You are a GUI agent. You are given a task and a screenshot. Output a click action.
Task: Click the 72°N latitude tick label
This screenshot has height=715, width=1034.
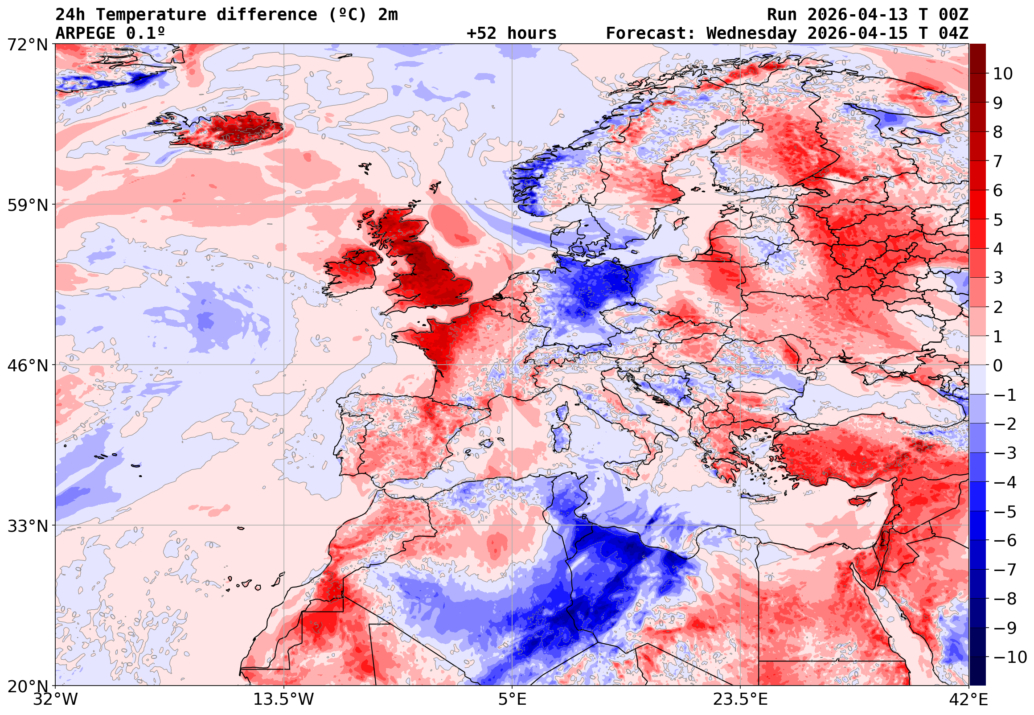point(27,45)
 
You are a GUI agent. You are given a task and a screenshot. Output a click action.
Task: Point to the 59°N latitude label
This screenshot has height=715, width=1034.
point(27,205)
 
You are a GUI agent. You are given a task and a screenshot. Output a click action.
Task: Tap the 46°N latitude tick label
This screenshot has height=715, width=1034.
point(27,366)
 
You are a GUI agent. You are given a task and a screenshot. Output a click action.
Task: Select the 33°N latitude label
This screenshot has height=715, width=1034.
point(27,526)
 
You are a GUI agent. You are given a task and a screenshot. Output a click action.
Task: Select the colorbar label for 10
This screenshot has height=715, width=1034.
point(1003,74)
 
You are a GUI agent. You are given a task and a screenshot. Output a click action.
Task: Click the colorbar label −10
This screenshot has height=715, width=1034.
point(1010,657)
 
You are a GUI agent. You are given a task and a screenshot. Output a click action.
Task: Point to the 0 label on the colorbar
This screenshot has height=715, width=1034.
point(998,366)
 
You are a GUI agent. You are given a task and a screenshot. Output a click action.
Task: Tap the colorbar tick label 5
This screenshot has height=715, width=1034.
point(998,220)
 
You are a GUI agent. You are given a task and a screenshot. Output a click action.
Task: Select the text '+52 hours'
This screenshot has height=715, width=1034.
point(511,33)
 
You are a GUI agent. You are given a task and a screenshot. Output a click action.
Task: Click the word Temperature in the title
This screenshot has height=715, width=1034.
point(151,15)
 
